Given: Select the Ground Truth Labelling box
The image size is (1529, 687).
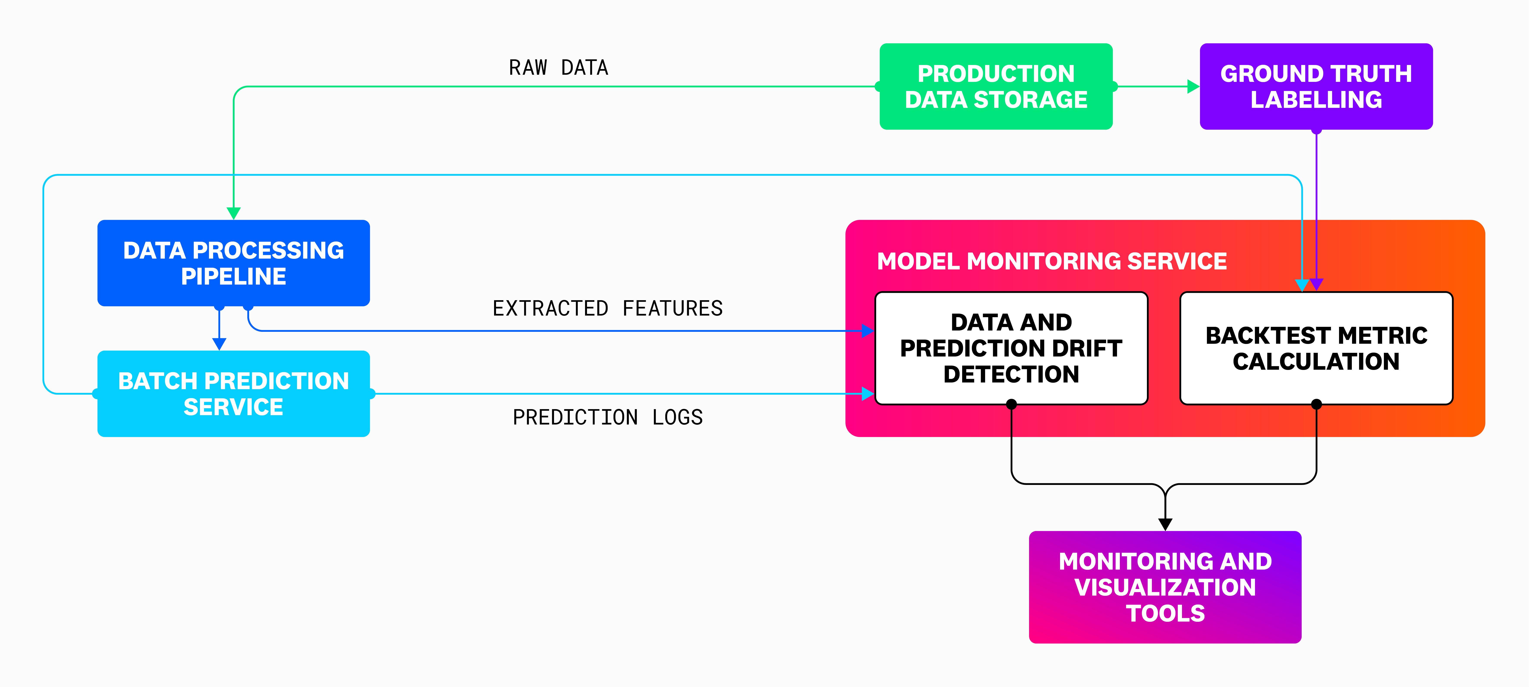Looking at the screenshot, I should (x=1316, y=87).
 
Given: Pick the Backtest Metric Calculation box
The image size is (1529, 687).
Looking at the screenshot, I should (x=1316, y=348).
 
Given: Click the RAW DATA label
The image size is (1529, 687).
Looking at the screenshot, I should (x=558, y=68).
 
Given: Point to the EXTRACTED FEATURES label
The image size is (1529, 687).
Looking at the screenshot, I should (x=607, y=308).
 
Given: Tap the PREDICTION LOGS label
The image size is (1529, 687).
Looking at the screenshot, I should (x=607, y=417).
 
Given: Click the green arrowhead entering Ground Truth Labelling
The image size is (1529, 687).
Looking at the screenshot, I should (x=1193, y=87).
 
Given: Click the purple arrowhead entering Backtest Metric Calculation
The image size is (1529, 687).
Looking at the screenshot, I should (x=1317, y=285).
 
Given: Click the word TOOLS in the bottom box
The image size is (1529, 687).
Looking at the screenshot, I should (x=1165, y=613).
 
